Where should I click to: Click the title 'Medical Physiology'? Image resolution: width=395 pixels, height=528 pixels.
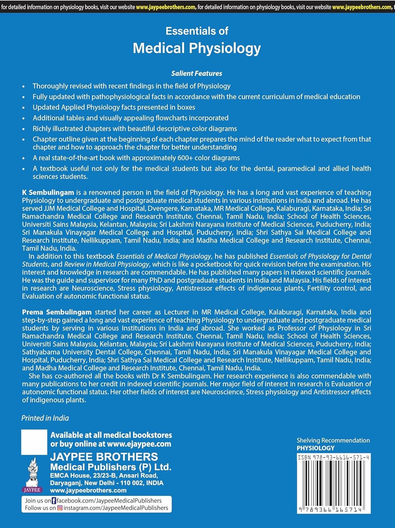pyautogui.click(x=197, y=48)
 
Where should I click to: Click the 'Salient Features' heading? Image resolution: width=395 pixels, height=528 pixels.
pyautogui.click(x=197, y=74)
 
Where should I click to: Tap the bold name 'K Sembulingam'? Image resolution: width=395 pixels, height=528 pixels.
pyautogui.click(x=48, y=193)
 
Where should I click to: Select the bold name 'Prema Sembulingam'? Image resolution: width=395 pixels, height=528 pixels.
pyautogui.click(x=57, y=312)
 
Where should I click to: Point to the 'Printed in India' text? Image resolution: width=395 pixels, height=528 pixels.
pyautogui.click(x=45, y=418)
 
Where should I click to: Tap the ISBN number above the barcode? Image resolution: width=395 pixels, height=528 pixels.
pyautogui.click(x=333, y=458)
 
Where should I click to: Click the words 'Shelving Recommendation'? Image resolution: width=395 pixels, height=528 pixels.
pyautogui.click(x=333, y=440)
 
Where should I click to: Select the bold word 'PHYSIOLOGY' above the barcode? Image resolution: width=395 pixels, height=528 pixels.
pyautogui.click(x=316, y=448)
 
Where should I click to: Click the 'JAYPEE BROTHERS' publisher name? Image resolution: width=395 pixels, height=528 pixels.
pyautogui.click(x=104, y=457)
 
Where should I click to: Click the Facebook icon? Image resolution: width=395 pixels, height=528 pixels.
pyautogui.click(x=54, y=501)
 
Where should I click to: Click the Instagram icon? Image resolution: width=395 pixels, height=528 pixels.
pyautogui.click(x=60, y=508)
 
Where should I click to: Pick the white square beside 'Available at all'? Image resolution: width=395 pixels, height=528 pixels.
pyautogui.click(x=34, y=442)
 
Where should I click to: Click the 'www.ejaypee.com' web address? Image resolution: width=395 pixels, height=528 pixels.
pyautogui.click(x=139, y=444)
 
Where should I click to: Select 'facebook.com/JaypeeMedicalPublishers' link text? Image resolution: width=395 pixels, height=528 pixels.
pyautogui.click(x=109, y=501)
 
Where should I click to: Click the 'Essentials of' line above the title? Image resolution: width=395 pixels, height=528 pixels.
pyautogui.click(x=197, y=31)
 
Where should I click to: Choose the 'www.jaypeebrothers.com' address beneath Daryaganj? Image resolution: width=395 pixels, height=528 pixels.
pyautogui.click(x=88, y=491)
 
